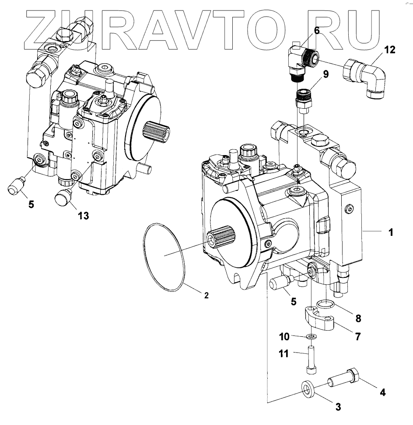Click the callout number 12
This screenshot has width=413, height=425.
click(389, 49)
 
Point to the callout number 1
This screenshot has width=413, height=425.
click(391, 233)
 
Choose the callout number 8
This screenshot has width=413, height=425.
click(358, 318)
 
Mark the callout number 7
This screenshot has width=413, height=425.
click(358, 336)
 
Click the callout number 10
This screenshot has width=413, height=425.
click(284, 336)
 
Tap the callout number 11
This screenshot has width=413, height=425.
click(284, 353)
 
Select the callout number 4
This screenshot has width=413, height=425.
click(382, 392)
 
